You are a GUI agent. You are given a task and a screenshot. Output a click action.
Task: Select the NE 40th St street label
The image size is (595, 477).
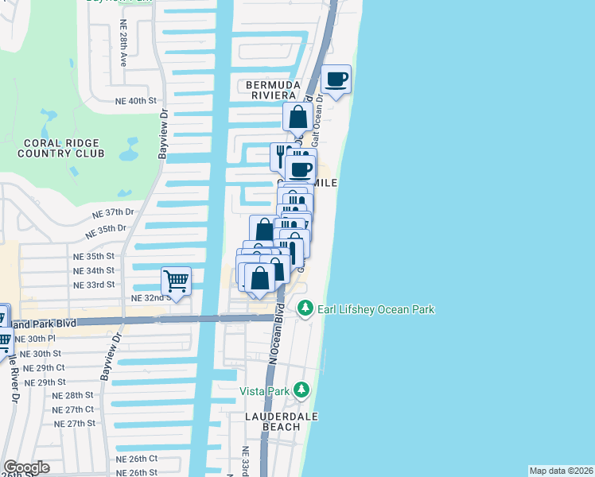coord(136,101)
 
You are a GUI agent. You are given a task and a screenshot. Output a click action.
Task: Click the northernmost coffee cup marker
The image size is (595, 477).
coord(336,80)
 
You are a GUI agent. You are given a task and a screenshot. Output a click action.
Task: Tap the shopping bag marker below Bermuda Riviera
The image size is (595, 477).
coord(297,118)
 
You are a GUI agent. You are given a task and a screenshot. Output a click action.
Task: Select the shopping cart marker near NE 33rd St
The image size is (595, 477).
coord(176,281)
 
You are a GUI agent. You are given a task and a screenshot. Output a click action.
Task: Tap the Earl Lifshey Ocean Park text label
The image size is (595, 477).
coord(375,309)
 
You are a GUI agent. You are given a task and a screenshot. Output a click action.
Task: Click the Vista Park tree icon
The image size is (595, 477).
coord(301,390)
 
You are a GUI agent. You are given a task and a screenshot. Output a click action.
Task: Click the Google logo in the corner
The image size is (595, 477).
coord(26,467)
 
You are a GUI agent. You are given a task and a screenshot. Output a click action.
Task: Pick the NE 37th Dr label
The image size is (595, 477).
coord(113,213)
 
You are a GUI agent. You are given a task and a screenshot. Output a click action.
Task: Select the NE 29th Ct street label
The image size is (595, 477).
coord(44,368)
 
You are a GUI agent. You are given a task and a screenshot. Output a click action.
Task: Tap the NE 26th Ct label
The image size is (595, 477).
coord(136,459)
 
